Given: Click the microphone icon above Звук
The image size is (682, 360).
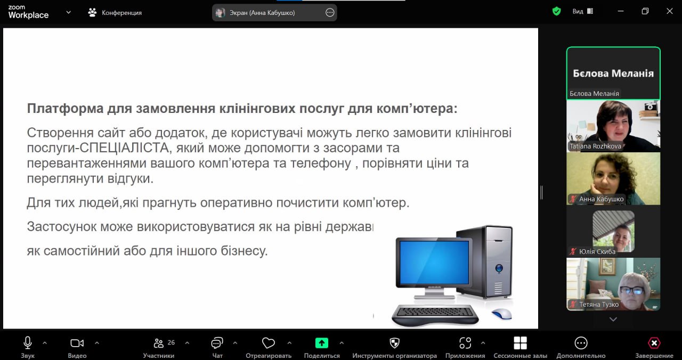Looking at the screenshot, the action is (x=27, y=343).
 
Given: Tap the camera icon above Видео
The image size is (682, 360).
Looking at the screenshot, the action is (x=77, y=343).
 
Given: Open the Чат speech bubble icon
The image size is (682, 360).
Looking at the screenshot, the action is (x=217, y=343).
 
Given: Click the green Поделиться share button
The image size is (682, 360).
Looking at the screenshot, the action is (x=321, y=343).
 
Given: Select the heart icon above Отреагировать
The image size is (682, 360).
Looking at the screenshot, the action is (x=268, y=343).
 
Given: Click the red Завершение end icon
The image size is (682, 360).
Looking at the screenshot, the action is (x=654, y=343).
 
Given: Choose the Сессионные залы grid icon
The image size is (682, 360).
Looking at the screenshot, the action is (x=520, y=343).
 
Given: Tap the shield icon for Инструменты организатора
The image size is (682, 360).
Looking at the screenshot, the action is (x=394, y=343).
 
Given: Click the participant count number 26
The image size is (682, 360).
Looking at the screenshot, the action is (x=171, y=342).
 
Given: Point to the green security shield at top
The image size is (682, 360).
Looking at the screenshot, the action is (x=557, y=12).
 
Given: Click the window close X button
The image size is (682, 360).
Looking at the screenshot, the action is (x=670, y=11).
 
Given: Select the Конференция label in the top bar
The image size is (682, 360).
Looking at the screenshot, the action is (x=121, y=13).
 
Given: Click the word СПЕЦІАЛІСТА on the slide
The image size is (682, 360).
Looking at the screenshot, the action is (x=124, y=148).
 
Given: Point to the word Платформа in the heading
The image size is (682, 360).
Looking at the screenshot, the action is (x=65, y=108).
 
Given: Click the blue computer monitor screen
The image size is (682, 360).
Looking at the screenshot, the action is (x=434, y=263).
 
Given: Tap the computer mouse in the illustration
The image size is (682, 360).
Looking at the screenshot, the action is (x=501, y=314).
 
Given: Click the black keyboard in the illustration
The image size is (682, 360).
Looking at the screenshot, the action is (x=435, y=315).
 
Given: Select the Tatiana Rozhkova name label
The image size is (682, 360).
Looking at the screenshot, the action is (x=595, y=146).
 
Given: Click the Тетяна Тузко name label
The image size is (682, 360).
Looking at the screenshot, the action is (x=598, y=304).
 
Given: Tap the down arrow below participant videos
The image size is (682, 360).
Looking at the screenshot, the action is (x=613, y=319).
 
